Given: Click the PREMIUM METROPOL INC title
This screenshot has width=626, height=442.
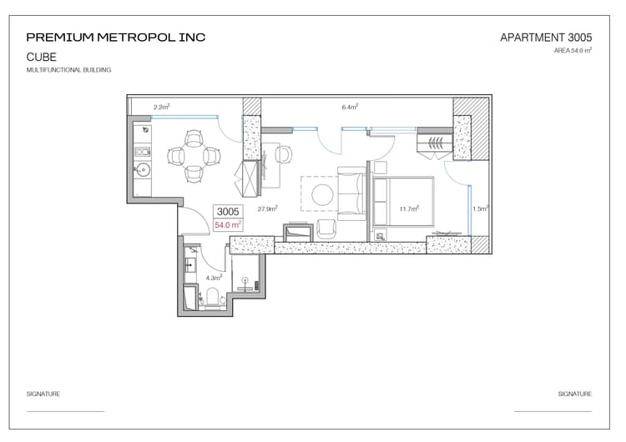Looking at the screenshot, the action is click(x=116, y=38).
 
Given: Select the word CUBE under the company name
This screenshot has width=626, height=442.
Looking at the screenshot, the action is click(x=42, y=57).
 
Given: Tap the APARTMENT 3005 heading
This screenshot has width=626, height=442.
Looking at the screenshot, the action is click(x=546, y=38).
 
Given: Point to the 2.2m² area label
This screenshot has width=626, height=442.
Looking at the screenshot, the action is click(x=162, y=107).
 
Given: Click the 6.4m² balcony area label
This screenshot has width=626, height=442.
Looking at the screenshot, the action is click(x=350, y=107).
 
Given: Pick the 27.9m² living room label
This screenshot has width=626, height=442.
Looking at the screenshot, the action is click(x=267, y=208).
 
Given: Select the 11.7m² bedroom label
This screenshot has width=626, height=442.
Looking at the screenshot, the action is click(x=409, y=208).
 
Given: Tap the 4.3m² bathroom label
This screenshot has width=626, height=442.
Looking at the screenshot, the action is click(x=214, y=278).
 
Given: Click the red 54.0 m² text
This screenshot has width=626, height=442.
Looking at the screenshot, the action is click(x=228, y=225).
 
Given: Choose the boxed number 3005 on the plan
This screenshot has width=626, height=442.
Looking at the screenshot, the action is click(x=228, y=212).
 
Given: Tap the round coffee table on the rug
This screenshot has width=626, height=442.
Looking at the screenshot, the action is click(x=322, y=194).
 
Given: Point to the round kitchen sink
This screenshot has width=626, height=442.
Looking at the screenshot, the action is click(x=143, y=170).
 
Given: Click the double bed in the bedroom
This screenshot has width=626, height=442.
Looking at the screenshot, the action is click(x=403, y=202).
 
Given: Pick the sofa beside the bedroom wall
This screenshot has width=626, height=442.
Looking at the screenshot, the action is click(x=351, y=193).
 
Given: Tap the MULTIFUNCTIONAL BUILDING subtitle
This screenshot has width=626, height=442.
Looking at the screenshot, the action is click(x=68, y=70).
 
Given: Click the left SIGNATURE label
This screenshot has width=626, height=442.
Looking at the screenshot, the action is click(x=43, y=394).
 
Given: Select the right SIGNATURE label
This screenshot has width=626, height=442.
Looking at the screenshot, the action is click(x=575, y=394).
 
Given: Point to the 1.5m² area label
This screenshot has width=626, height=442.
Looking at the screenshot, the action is click(x=480, y=208).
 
